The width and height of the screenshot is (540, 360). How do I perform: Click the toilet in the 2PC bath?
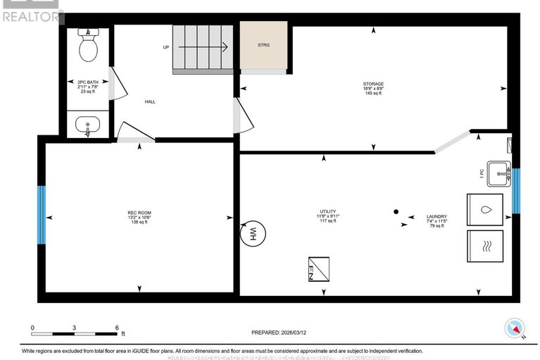[88, 46]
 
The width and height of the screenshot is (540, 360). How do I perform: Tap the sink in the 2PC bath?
[88, 126]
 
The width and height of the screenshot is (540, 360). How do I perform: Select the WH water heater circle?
[250, 234]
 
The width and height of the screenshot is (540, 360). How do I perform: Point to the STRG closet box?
[263, 46]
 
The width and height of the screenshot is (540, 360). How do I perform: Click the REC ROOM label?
[139, 213]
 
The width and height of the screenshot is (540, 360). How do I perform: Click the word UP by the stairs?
[166, 49]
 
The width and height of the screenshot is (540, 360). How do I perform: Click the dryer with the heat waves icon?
[484, 246]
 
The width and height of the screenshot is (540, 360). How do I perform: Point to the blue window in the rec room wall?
[42, 215]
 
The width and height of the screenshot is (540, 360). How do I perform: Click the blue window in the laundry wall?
[516, 190]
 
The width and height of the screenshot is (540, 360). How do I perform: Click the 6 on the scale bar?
[117, 328]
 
